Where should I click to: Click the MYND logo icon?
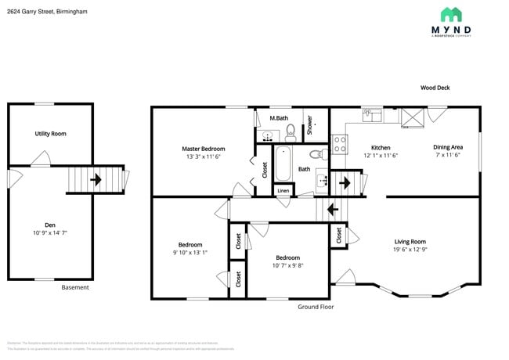point(450,15)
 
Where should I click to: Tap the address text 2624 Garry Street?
point(47,13)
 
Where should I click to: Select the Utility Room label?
point(50,134)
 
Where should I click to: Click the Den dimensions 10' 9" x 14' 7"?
point(50,233)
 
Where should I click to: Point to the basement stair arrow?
point(96,179)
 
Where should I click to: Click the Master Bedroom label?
point(204,149)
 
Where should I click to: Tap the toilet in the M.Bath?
point(289,131)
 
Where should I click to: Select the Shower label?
point(310,124)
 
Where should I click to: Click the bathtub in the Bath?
point(283,162)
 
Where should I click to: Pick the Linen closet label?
point(283,191)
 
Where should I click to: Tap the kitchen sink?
point(372,115)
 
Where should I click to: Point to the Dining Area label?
point(448,147)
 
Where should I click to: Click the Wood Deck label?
point(435,88)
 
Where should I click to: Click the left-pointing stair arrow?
point(332,210)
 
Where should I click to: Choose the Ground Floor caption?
point(316,307)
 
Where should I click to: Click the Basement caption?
point(75,287)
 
